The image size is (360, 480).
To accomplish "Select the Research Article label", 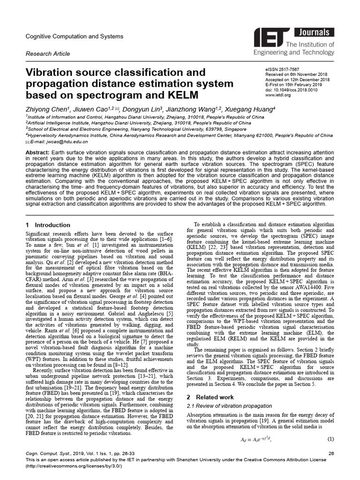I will (x=48, y=54).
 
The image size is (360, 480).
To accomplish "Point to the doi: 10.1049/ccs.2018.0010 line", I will (x=291, y=90).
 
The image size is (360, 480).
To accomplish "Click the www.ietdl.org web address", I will (x=278, y=95).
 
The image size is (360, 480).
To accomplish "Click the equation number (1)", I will (x=330, y=439).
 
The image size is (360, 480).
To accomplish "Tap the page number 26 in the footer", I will (x=331, y=453).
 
